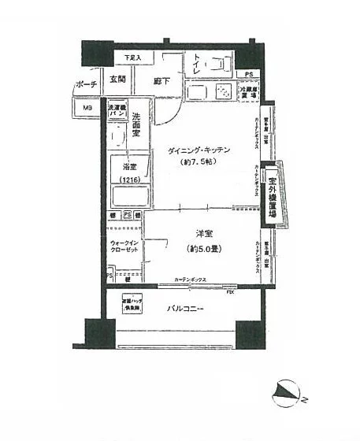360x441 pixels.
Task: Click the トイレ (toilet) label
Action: coord(193,68)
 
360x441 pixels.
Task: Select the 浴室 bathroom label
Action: coord(128,167)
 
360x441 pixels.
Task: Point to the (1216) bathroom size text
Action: coord(128,182)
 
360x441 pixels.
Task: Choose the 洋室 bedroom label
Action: coord(203,233)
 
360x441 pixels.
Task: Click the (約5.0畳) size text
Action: coord(202,249)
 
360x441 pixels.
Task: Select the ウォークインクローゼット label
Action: coord(125,246)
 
